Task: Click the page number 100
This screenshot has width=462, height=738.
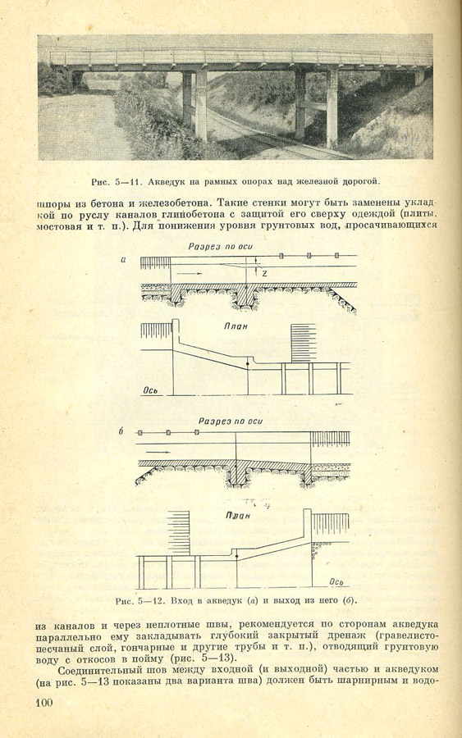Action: coord(43,704)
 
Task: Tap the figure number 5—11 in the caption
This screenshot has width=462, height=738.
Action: coord(126,181)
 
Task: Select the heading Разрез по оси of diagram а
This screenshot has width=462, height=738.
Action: coord(217,247)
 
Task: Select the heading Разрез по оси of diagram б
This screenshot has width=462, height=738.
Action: coord(231,421)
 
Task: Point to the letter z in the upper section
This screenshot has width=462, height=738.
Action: coord(264,272)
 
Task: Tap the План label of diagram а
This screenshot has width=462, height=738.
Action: coord(236,326)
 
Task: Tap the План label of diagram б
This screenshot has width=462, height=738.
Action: coord(237,515)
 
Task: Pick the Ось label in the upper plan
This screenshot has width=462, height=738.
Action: coord(151,390)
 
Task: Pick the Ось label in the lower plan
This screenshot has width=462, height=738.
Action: coord(336,581)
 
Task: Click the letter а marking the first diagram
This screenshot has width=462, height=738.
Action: coord(123,259)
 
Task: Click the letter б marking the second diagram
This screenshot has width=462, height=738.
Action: coord(121,430)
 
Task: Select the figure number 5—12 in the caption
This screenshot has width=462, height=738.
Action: coord(152,601)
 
